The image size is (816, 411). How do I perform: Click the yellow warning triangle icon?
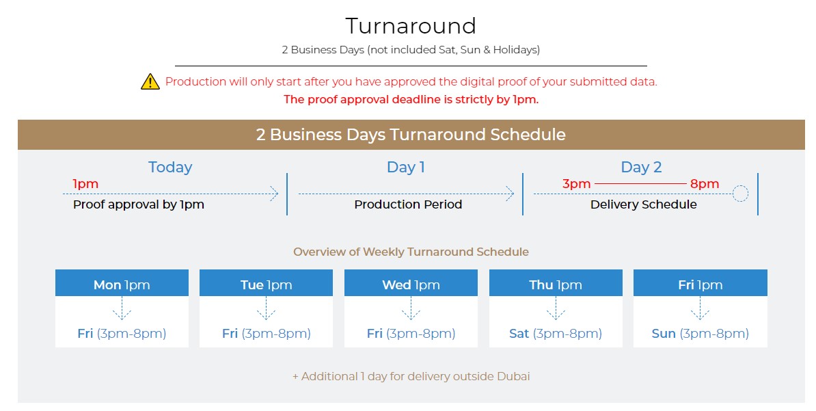(x=150, y=82)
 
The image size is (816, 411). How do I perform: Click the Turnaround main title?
(x=411, y=25)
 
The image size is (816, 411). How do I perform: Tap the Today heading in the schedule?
(x=170, y=167)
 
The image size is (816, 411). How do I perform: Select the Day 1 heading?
(x=406, y=167)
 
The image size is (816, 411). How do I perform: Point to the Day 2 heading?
(x=641, y=167)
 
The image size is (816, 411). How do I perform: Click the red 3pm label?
(x=577, y=184)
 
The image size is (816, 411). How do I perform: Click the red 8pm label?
(x=705, y=184)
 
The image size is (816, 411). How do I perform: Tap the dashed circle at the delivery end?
(x=740, y=194)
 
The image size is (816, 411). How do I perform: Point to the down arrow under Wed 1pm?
(x=411, y=308)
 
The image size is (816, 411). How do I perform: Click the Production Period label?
(x=408, y=204)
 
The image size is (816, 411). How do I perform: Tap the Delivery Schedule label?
(x=643, y=204)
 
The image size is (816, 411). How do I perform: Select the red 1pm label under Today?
(x=85, y=184)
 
